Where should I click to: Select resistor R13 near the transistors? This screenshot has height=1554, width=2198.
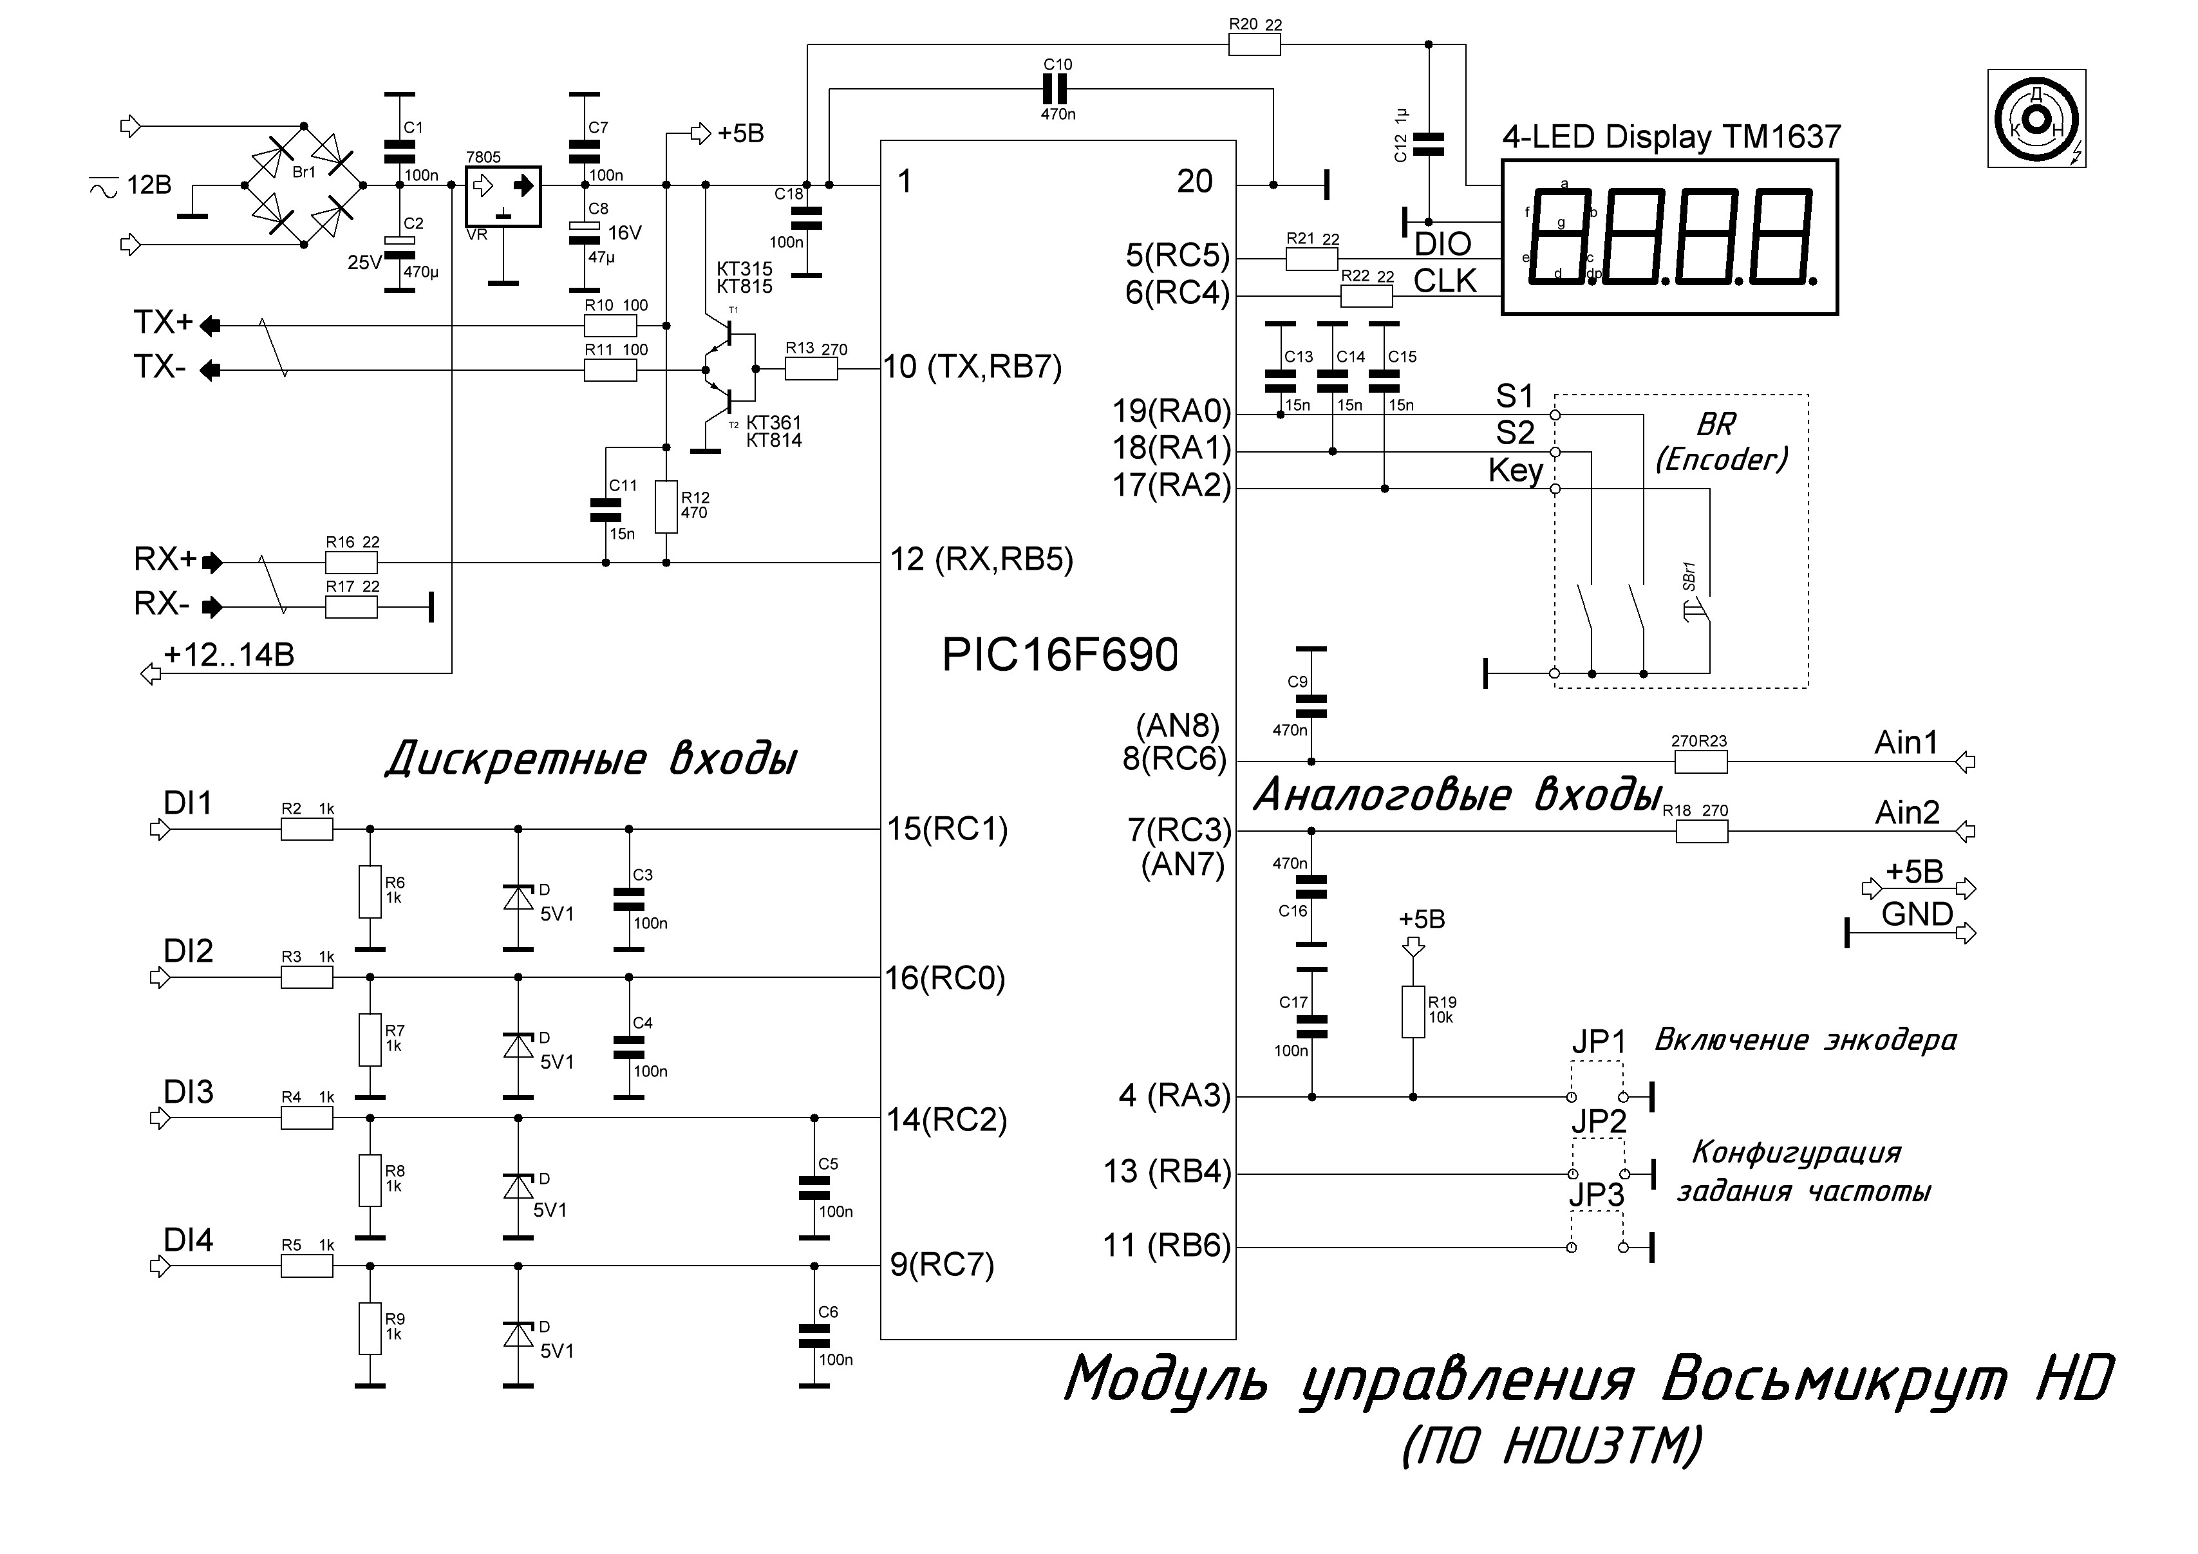(811, 369)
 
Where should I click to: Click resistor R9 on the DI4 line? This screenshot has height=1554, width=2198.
(370, 1328)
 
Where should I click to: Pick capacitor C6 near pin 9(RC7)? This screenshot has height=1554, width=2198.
(814, 1336)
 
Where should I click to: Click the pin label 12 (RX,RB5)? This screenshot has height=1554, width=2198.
(981, 560)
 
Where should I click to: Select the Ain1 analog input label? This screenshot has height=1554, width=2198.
(1906, 743)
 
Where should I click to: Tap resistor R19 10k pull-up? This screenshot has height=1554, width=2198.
(1413, 1012)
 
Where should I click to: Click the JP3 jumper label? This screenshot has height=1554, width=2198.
(1597, 1195)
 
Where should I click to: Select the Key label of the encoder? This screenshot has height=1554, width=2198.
(1516, 471)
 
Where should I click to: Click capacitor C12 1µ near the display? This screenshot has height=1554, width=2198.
(1429, 144)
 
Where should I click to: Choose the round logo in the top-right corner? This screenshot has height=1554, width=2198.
(2036, 118)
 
